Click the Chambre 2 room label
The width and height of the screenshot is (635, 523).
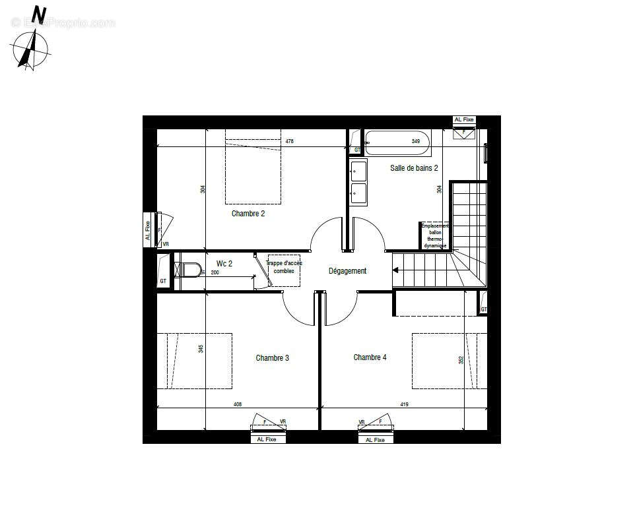point(248,214)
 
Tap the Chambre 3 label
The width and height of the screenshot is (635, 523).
point(272,358)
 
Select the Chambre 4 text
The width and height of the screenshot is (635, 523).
point(370,357)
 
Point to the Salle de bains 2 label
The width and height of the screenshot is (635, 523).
point(414,168)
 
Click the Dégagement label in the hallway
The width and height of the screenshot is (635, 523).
point(347,271)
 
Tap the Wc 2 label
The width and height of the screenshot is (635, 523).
point(224,264)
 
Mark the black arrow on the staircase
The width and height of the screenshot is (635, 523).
point(396,270)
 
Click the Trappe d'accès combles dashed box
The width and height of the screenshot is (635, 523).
point(284,270)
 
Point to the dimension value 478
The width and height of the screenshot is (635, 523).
point(289,142)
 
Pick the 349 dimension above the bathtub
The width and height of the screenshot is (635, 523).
point(416,142)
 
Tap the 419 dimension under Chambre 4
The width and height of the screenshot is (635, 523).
point(404,404)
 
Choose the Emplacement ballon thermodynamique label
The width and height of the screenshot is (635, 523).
point(435,235)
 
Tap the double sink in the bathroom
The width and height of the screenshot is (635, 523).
point(358,182)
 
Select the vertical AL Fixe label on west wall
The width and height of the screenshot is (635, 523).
point(148,230)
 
